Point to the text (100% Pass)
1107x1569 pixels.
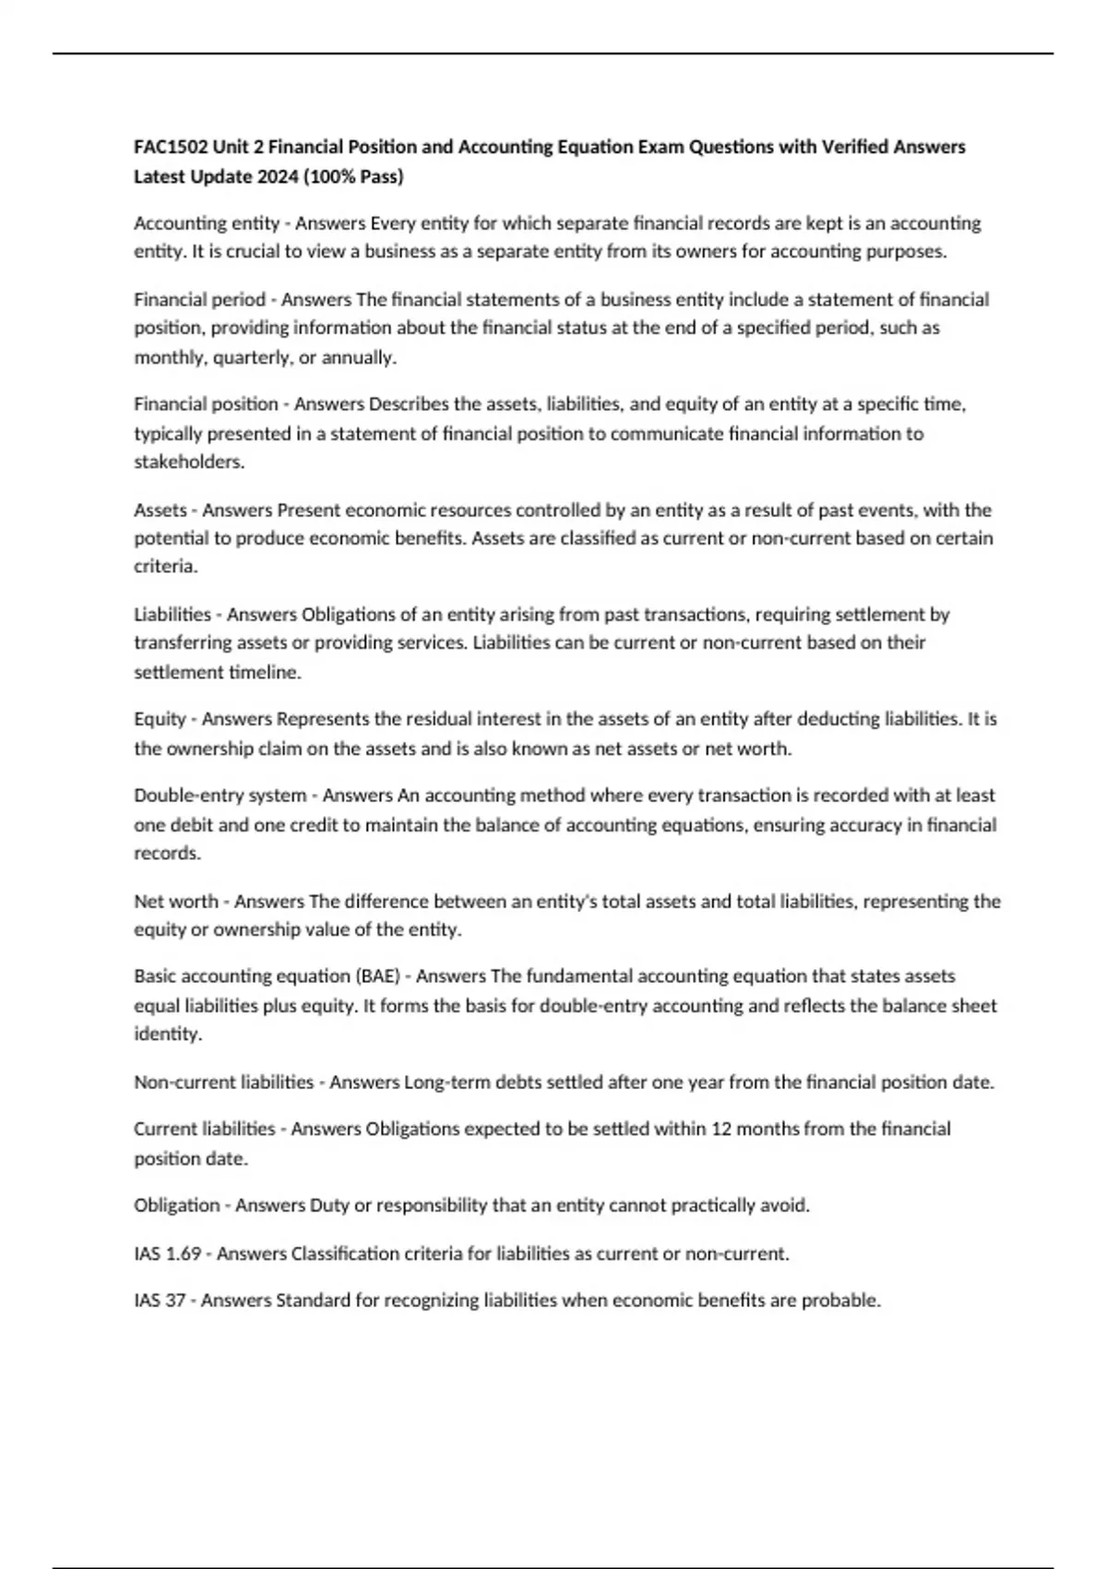(x=359, y=176)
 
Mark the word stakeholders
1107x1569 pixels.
(x=188, y=462)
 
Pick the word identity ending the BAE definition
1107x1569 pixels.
(x=166, y=1035)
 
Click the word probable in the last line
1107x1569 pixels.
(x=839, y=1300)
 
